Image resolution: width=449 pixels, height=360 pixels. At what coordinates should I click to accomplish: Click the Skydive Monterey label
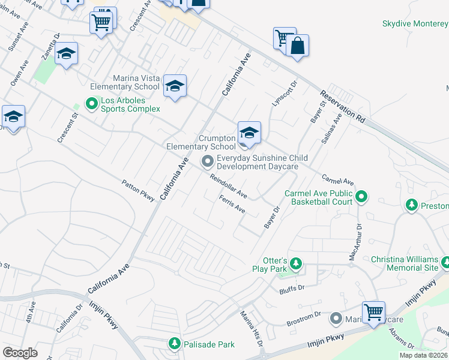(415, 23)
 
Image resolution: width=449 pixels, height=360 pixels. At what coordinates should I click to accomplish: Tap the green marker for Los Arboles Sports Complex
(92, 104)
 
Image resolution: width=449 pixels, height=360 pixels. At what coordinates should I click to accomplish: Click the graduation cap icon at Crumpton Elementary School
(249, 133)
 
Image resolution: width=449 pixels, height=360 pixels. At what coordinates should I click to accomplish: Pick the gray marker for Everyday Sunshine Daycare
(208, 161)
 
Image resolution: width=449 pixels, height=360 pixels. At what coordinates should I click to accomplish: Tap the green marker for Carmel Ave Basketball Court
(361, 196)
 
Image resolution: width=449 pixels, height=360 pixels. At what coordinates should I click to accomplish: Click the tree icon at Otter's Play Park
(295, 263)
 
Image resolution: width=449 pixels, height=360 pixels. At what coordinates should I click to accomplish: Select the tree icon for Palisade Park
(174, 343)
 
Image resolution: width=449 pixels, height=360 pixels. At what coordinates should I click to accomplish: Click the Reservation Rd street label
(343, 107)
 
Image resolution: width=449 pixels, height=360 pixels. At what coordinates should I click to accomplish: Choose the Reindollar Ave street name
(229, 186)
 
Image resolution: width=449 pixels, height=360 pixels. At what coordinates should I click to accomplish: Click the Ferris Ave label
(232, 205)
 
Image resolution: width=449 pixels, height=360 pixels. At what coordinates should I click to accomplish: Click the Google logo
(20, 352)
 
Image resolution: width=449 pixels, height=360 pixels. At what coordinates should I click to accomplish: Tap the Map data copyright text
(423, 355)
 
